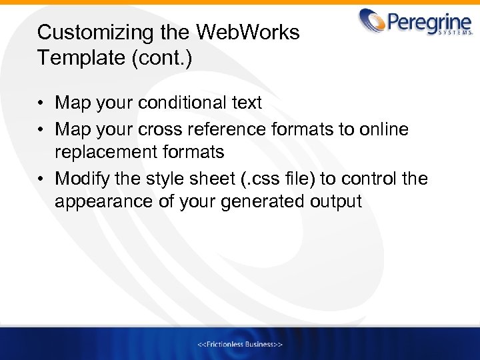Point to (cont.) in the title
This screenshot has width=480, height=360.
point(164,58)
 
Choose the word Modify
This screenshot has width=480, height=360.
point(83,178)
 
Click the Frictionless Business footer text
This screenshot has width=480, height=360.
point(240,344)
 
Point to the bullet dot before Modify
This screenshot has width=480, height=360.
point(41,179)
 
